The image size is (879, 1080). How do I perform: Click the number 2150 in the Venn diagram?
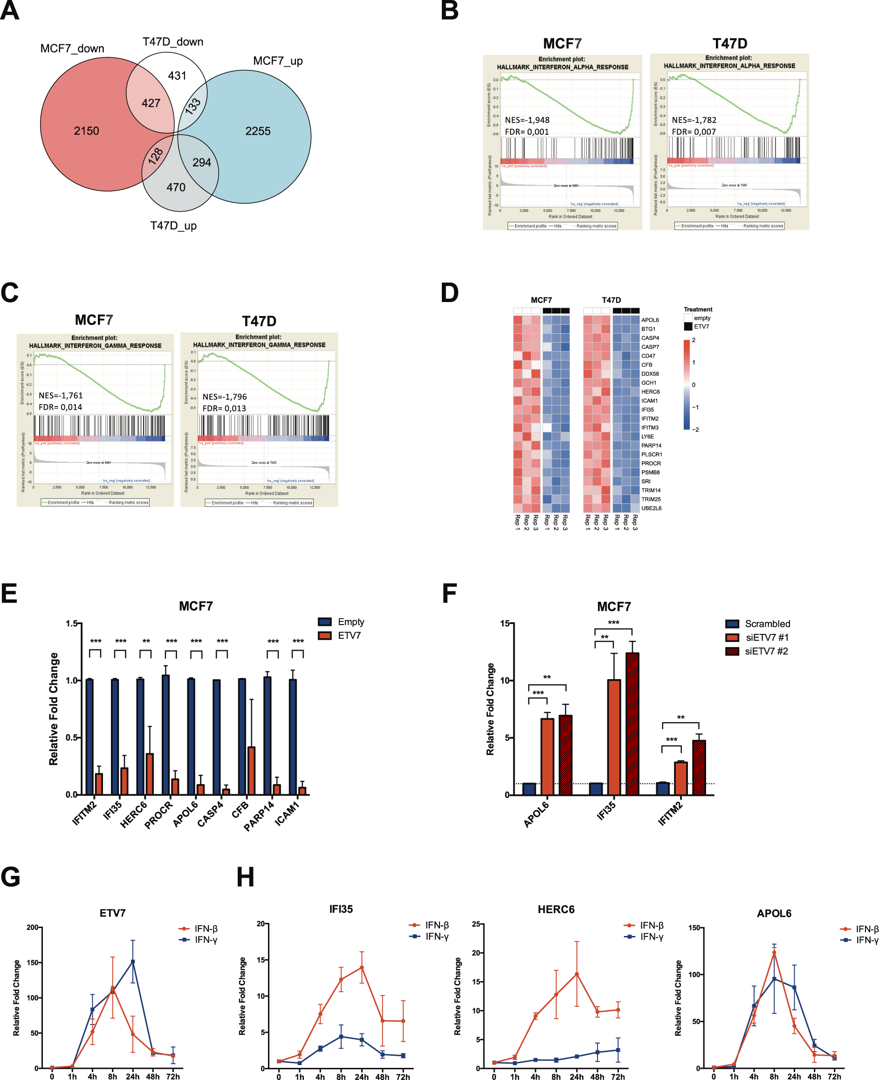point(87,131)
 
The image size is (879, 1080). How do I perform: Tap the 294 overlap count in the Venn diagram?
point(201,163)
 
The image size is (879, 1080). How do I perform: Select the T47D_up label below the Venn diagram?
point(173,226)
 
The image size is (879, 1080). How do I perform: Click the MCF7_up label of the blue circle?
point(277,61)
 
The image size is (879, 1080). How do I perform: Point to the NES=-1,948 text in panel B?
point(527,120)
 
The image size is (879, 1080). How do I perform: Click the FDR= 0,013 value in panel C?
point(224,408)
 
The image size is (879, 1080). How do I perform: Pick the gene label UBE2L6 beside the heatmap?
point(651,509)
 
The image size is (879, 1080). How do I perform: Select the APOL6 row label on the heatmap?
point(650,320)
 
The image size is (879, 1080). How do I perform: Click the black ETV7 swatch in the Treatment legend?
point(688,327)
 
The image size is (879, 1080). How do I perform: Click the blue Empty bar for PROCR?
point(165,734)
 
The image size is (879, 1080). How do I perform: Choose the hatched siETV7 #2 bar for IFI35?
point(632,723)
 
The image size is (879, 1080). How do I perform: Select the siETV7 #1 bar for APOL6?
point(547,757)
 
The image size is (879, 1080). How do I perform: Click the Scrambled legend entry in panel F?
point(767,624)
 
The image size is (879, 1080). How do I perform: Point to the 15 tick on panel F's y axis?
point(505,623)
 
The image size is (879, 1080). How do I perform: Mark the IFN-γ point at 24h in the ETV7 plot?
point(133,962)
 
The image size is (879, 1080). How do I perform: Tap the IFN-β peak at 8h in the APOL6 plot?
point(774,952)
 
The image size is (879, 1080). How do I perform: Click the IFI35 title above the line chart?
point(341,909)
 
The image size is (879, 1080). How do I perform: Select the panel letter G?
point(11,877)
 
